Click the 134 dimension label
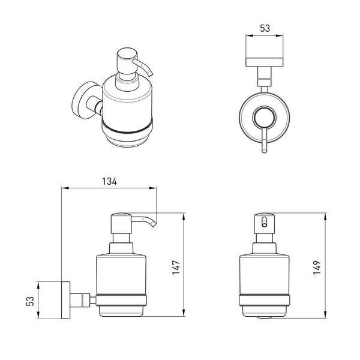pyautogui.click(x=110, y=181)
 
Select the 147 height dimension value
pyautogui.click(x=176, y=268)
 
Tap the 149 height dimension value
pyautogui.click(x=317, y=268)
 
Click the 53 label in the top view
pyautogui.click(x=265, y=28)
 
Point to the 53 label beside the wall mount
pyautogui.click(x=30, y=301)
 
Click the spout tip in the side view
pyautogui.click(x=154, y=224)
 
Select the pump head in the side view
pyautogui.click(x=121, y=223)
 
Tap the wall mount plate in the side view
pyautogui.click(x=65, y=300)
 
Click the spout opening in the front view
pyautogui.click(x=265, y=222)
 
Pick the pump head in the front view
pyautogui.click(x=264, y=224)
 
